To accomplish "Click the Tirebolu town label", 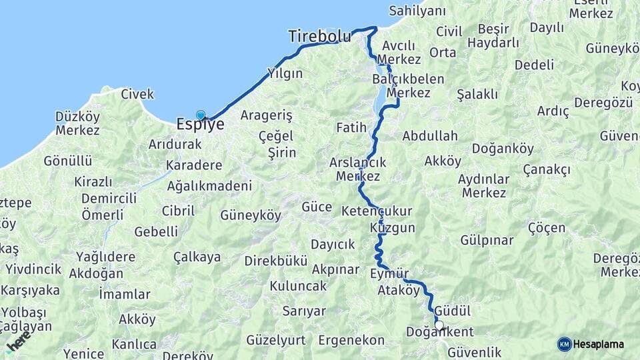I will pos(319,37).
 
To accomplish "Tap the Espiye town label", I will pos(200,124).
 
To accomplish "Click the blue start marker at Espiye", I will pos(201,115).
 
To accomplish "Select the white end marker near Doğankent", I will pos(439,325).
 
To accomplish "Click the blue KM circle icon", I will pos(564,344).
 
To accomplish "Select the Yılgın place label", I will pos(285,73).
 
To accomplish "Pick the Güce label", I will pos(317,207).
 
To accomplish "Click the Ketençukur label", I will pos(377,211).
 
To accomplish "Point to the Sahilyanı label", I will pos(417,11).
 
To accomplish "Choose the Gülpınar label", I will pos(487,240).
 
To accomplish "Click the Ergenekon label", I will pos(351,341).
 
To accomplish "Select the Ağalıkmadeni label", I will pos(209,187).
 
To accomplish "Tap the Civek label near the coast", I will pos(137,94).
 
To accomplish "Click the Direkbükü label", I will pos(275,261).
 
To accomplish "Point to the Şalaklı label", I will pos(477,94).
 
